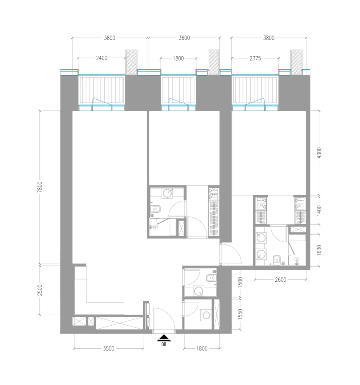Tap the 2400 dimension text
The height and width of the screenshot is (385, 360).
(102, 58)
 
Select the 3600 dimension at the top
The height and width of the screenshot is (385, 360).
(184, 38)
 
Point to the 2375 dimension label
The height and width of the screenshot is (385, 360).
(255, 58)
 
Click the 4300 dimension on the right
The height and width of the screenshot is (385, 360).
(319, 153)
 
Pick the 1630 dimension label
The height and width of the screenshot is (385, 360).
(319, 249)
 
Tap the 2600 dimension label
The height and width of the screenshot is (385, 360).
(280, 280)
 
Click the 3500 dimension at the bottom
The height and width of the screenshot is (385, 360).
(109, 348)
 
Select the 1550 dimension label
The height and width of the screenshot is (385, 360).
(241, 314)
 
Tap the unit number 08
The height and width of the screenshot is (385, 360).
(164, 344)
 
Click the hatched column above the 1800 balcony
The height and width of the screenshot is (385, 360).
(214, 62)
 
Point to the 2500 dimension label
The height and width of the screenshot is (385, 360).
(40, 290)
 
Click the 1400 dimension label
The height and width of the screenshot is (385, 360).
(319, 211)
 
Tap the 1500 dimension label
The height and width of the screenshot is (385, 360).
(241, 282)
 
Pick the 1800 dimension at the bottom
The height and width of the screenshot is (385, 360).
(202, 348)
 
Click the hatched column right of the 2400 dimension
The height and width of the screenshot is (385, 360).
(131, 62)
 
